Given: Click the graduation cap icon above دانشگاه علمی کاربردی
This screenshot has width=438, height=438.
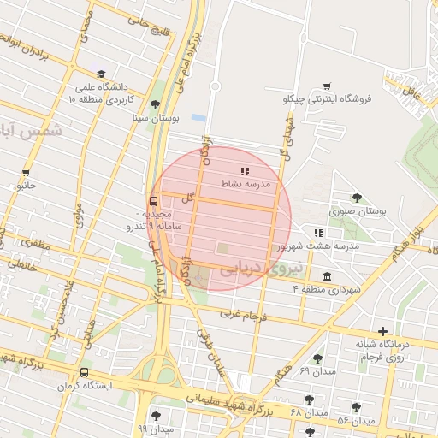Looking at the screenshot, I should pos(101,74).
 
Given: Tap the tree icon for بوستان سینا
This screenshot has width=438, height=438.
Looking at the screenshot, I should pos(155,105).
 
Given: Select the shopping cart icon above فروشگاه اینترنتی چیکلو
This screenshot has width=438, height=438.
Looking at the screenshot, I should pos(327,86).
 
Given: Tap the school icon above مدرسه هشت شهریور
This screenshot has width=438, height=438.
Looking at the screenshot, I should pos(318,232).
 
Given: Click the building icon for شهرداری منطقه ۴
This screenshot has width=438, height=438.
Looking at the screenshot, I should pos(327,276).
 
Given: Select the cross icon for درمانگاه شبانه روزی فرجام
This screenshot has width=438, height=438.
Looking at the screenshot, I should pos(382,331).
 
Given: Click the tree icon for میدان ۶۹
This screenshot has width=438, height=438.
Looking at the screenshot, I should pos(318,358).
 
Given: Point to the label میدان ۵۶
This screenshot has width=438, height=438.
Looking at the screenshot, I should pos(356,421).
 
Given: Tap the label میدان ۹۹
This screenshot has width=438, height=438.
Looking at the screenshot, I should pos(155,427).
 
